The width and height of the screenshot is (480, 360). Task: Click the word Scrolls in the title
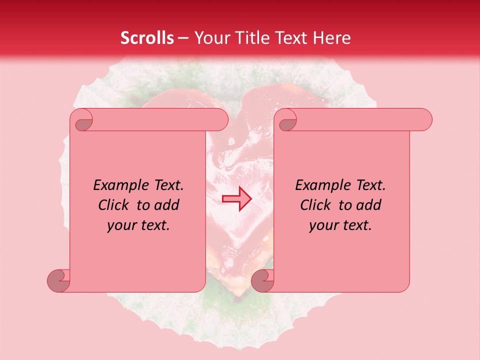(147, 38)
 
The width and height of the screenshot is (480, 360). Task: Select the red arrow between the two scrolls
(236, 199)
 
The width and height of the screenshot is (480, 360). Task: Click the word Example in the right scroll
(321, 185)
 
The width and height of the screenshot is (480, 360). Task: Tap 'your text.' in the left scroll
(138, 225)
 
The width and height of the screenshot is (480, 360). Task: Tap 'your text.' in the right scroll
(340, 225)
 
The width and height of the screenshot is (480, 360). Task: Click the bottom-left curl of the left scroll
(58, 280)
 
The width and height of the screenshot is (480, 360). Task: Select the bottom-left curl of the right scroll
(262, 280)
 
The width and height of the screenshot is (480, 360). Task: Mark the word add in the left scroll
(166, 205)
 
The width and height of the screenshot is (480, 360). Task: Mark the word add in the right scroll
(368, 205)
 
